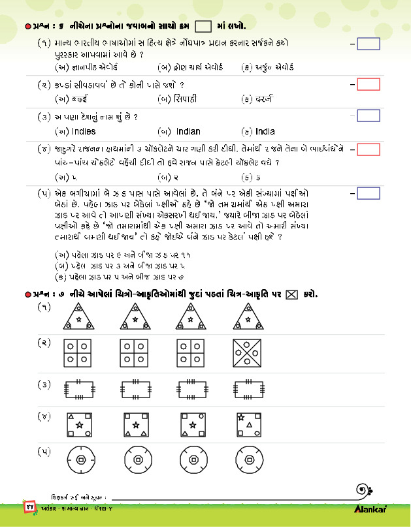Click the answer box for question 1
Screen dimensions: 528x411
pos(369,44)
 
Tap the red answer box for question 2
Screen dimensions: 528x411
pos(369,84)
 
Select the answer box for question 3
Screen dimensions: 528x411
pos(369,116)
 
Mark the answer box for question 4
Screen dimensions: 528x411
pos(369,149)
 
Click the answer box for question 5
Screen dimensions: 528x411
pos(369,193)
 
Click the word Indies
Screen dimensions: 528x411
pos(82,131)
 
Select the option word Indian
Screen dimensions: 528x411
pos(188,131)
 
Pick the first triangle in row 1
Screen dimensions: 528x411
pos(79,318)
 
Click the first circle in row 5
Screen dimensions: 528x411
pos(79,461)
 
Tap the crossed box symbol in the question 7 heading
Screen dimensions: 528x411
pos(291,294)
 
